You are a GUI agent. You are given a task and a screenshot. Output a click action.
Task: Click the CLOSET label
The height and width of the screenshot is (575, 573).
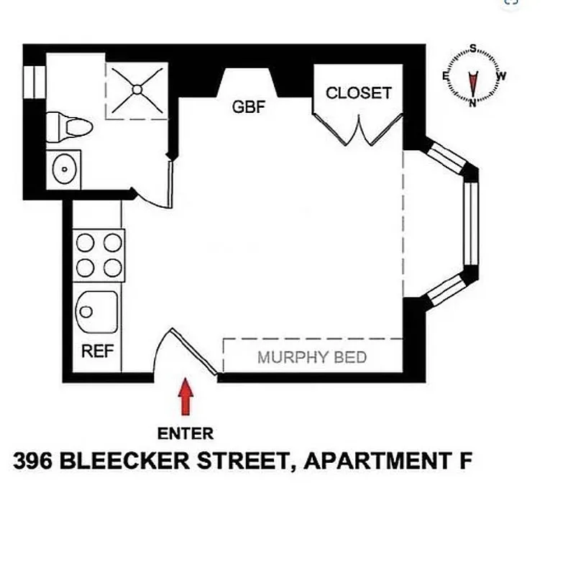(x=358, y=93)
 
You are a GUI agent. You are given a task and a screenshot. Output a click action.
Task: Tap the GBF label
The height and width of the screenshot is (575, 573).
(x=249, y=108)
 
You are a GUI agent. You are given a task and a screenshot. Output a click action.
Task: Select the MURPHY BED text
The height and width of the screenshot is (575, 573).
(x=312, y=357)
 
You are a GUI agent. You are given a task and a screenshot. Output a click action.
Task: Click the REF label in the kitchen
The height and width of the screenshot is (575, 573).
(x=97, y=352)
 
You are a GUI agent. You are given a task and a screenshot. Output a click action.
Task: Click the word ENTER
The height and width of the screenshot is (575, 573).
(x=185, y=433)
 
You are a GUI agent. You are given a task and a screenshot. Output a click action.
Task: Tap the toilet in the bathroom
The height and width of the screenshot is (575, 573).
(x=70, y=128)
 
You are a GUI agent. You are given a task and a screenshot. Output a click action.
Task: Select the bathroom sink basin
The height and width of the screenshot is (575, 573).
(x=64, y=170)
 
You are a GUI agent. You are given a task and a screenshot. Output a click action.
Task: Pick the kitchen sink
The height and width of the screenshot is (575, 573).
(x=96, y=312)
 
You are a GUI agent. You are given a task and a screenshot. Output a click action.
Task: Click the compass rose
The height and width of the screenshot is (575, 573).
(x=473, y=75)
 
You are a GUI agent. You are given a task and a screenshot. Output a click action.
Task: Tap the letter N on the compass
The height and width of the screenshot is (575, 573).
(x=473, y=103)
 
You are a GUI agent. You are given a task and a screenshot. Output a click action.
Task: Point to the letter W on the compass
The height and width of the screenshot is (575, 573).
(x=501, y=75)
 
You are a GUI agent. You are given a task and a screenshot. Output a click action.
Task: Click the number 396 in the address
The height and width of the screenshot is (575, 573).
(x=32, y=461)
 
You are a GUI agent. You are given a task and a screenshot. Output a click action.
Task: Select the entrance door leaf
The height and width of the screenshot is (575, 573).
(x=194, y=352)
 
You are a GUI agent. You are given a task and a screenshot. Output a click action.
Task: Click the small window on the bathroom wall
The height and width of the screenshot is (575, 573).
(x=32, y=81)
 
